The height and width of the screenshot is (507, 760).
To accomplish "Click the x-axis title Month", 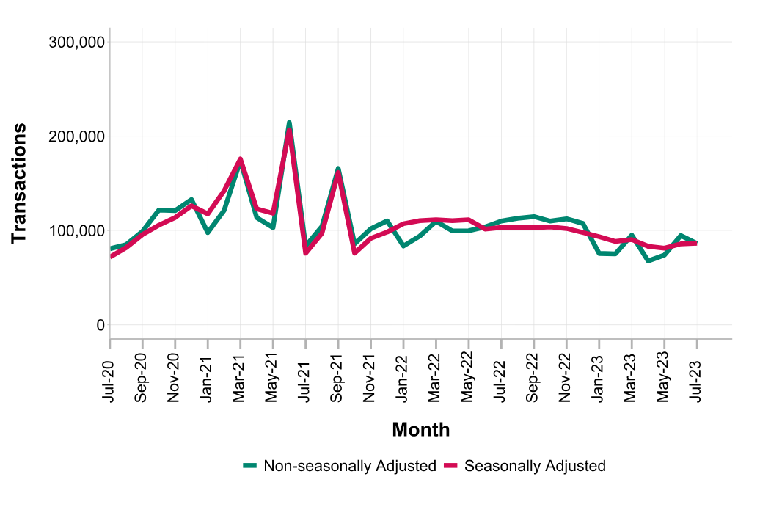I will pos(420,430).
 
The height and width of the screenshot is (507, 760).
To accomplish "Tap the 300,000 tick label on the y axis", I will pos(77,42).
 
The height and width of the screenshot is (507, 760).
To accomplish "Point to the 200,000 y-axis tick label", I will pos(77,136).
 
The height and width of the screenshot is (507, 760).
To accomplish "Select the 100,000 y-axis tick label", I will pos(77,230).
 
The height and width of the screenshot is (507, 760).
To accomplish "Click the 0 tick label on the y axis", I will pos(101,325).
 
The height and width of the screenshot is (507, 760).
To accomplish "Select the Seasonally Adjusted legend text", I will pos(535,466).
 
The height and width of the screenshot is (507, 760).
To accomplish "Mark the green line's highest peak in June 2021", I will pos(289,123).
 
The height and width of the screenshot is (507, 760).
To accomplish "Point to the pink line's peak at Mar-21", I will pos(241,159).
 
